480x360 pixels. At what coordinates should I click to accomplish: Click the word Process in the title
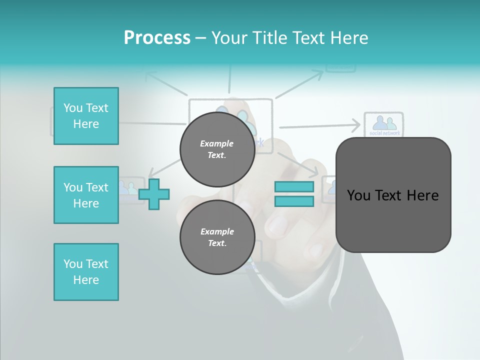coord(157,38)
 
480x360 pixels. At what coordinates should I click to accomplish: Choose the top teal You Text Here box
coord(86,116)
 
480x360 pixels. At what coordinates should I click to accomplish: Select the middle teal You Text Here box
coord(86,195)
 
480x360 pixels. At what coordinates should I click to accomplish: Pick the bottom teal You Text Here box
coord(86,272)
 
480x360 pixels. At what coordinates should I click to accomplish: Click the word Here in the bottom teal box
coord(86,280)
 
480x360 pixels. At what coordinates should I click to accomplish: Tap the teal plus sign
coord(154,193)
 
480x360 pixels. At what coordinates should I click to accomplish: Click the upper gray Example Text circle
coord(217,149)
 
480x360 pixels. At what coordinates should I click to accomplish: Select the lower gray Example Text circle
coord(217,237)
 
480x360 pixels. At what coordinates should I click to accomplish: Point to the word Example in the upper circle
coord(217,143)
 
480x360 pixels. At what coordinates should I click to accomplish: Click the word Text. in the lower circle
coord(217,243)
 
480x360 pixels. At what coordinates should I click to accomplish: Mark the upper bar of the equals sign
coord(294,186)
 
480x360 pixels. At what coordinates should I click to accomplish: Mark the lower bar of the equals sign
coord(294,201)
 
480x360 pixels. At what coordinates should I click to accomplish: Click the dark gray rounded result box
coord(393,195)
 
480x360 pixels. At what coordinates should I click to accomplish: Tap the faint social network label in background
coord(384,133)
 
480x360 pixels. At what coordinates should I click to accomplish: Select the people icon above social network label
coord(383,122)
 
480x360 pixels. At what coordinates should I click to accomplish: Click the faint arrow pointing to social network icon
coord(320,125)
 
